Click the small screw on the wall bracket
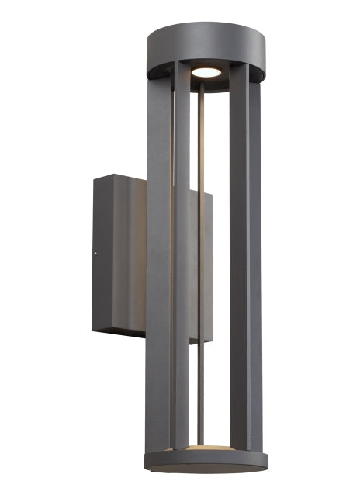click(95, 250)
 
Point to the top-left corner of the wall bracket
click(95, 178)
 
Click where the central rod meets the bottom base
click(203, 445)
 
